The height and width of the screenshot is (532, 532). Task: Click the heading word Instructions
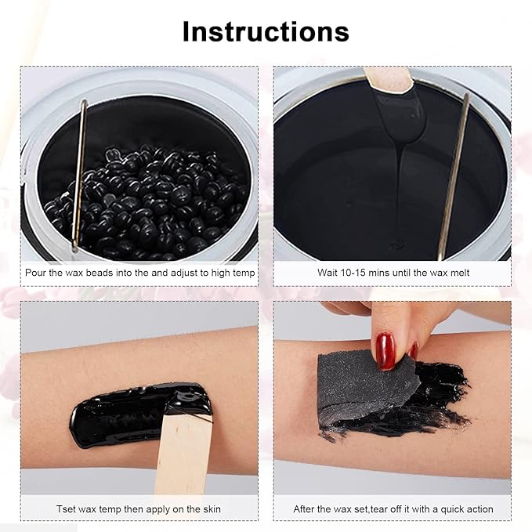(266, 31)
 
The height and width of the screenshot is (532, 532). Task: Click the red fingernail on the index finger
(385, 350)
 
